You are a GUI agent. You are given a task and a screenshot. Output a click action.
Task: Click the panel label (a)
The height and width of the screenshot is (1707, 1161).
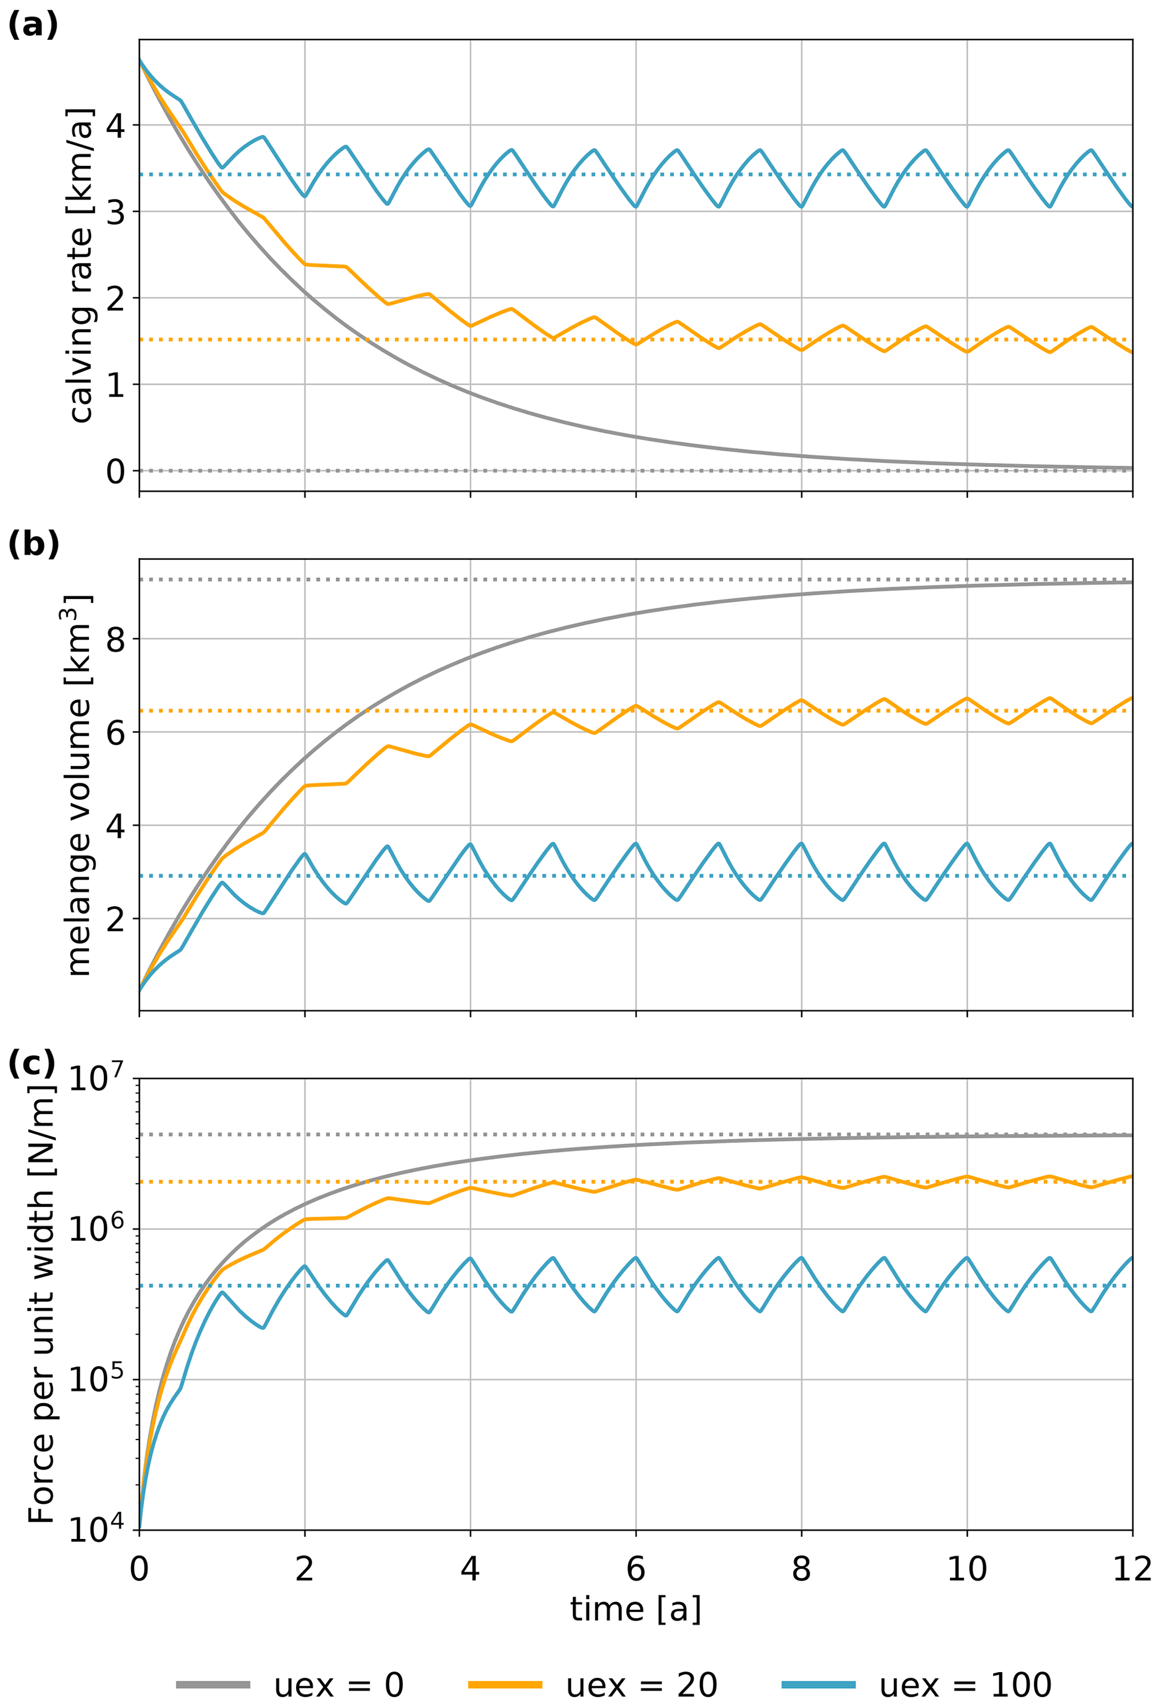[x=33, y=26]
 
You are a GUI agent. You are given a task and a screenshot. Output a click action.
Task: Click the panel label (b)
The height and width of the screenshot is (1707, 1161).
[x=33, y=544]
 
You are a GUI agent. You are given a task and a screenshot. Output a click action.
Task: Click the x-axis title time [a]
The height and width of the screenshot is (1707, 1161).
[x=635, y=1609]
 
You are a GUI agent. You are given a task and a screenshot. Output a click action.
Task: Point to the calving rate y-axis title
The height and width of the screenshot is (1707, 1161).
[x=81, y=266]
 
